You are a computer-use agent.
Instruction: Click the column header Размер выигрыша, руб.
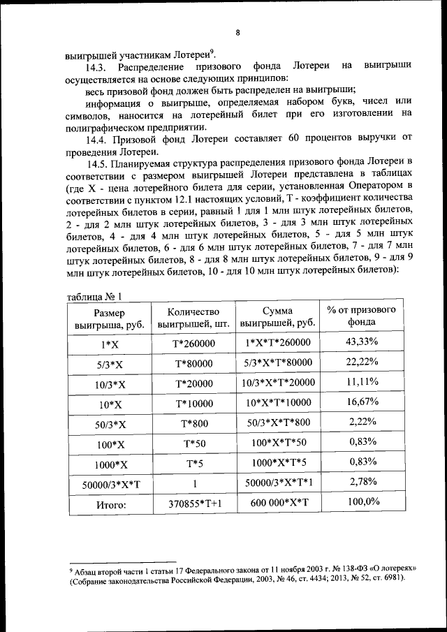(x=104, y=318)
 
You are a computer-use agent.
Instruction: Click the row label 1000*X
(x=104, y=463)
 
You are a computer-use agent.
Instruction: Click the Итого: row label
(x=104, y=504)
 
